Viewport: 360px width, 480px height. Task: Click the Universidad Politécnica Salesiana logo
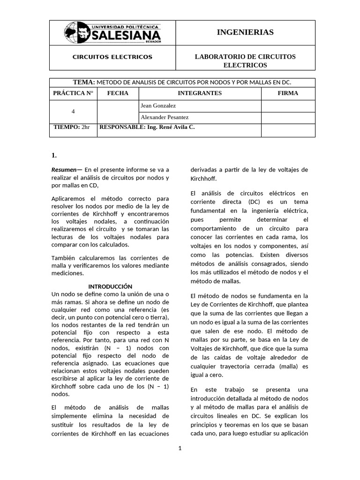click(112, 32)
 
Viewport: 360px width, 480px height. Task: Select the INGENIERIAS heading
click(245, 32)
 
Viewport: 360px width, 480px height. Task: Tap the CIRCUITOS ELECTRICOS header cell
click(112, 57)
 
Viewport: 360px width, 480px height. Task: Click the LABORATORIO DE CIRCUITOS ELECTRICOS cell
click(245, 60)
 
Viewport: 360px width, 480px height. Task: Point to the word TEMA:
click(84, 82)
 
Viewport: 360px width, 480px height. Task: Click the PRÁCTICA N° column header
click(73, 93)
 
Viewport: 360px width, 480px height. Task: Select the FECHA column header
click(118, 93)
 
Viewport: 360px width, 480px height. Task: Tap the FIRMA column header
click(288, 93)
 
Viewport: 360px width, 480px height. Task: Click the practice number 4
click(73, 112)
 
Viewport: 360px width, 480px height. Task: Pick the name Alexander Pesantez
click(161, 117)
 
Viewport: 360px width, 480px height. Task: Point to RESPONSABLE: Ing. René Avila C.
click(147, 127)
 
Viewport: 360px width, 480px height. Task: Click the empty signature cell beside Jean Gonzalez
click(288, 106)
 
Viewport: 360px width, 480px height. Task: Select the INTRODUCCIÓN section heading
click(111, 286)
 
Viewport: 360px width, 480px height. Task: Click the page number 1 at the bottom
click(180, 448)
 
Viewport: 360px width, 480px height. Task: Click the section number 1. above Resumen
click(54, 155)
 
